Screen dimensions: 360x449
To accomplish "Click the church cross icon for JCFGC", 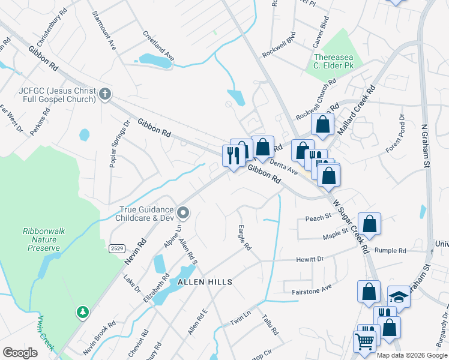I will coord(105,93).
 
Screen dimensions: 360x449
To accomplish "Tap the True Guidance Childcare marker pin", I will coord(184,213).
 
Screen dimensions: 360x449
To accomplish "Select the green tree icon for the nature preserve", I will coord(82,312).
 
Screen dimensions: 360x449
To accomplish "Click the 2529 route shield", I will coord(117,248).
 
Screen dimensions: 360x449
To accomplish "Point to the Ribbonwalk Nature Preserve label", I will coord(41,239).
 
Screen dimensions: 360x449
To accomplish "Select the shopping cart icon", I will coord(366,341).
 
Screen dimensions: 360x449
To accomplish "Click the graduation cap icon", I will coord(398,296).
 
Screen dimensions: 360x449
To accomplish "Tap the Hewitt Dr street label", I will coord(310,259).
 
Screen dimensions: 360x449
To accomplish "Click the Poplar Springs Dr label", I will coord(119,144).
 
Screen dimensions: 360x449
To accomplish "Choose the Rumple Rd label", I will coord(390,250).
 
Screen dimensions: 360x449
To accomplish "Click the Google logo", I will coord(20,353).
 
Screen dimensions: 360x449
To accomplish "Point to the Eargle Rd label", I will coord(244,238).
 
